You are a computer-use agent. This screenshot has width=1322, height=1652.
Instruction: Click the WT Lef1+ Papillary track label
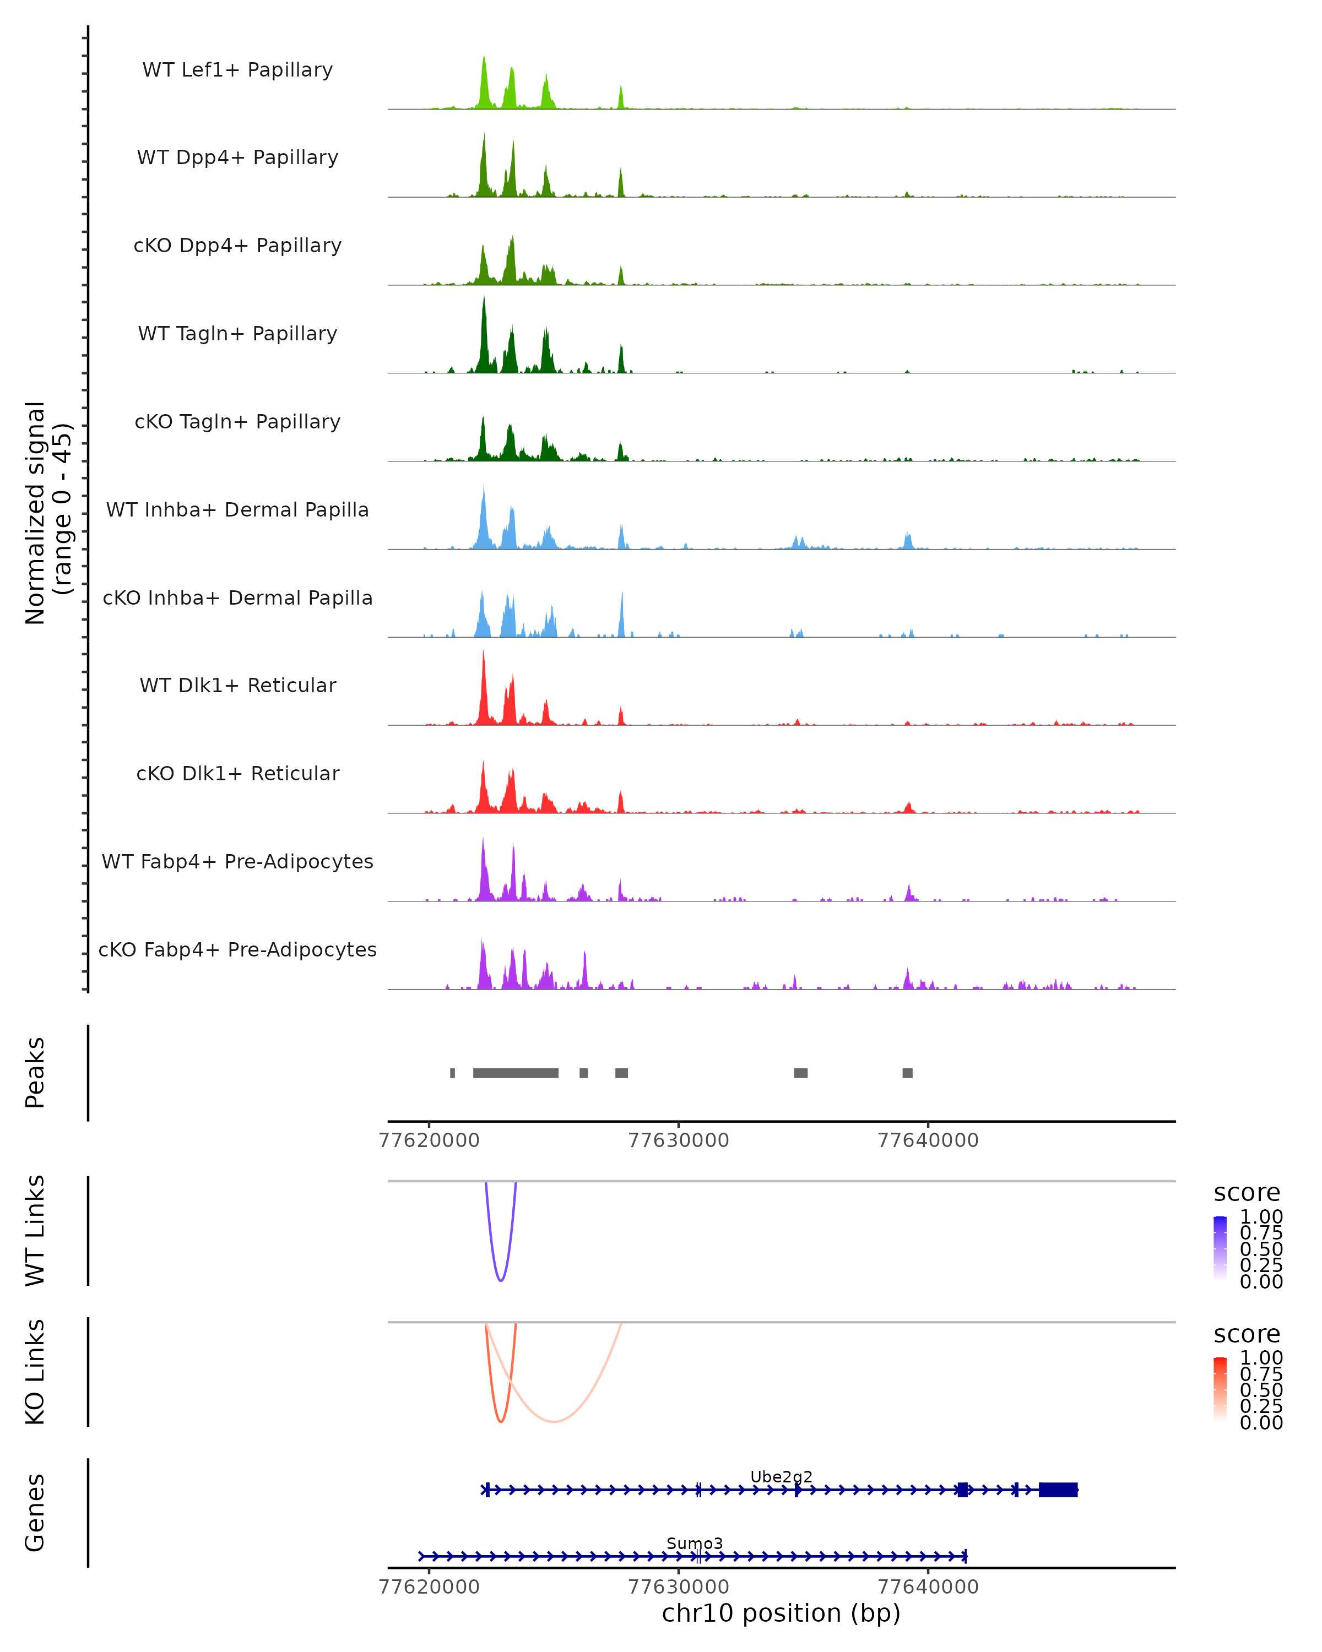pyautogui.click(x=237, y=70)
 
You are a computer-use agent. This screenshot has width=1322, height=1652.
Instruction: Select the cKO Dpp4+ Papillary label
pyautogui.click(x=237, y=246)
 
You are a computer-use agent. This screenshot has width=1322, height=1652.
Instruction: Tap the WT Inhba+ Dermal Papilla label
pyautogui.click(x=237, y=510)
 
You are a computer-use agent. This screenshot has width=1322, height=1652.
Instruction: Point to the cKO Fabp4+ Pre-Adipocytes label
pyautogui.click(x=237, y=950)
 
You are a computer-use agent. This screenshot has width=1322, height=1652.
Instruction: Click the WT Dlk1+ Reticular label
pyautogui.click(x=237, y=686)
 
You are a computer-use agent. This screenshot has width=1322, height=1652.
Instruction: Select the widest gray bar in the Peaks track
pyautogui.click(x=515, y=1073)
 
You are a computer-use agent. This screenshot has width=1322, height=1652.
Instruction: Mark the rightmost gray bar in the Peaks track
pyautogui.click(x=907, y=1073)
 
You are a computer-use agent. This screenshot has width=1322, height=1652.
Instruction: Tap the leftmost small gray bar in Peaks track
pyautogui.click(x=452, y=1073)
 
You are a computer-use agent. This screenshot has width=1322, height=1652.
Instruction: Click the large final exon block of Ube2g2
pyautogui.click(x=1058, y=1490)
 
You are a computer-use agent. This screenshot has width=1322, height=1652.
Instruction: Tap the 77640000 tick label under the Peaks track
pyautogui.click(x=927, y=1140)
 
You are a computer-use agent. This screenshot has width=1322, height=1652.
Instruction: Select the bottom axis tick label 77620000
pyautogui.click(x=429, y=1587)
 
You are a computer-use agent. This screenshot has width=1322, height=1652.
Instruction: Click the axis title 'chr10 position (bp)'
pyautogui.click(x=781, y=1613)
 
